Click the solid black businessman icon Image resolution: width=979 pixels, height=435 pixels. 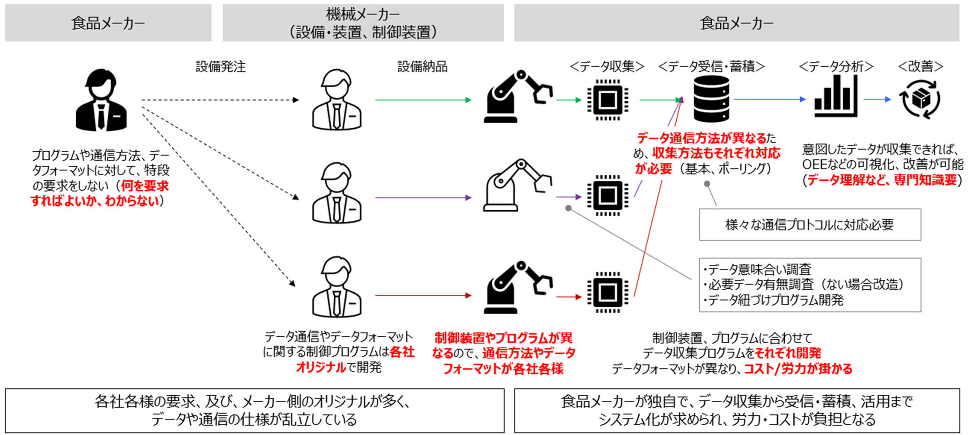pos(101,100)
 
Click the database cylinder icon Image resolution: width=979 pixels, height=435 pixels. pos(711,99)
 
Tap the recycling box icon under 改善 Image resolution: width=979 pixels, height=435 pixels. pos(920,99)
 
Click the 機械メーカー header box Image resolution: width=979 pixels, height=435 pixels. pos(363,23)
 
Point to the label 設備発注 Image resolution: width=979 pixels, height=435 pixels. pos(220,67)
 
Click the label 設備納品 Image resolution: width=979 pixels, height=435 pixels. pos(422,67)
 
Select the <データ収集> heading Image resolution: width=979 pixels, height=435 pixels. pos(607,67)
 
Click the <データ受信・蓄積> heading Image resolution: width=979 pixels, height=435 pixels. pos(711,67)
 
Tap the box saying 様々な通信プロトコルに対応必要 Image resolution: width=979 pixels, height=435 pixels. pos(810,225)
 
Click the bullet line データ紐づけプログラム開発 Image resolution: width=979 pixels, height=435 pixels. pos(774,300)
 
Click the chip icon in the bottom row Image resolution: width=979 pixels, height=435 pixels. pos(607,293)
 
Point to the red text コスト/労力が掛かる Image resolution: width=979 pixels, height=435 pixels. pos(798,369)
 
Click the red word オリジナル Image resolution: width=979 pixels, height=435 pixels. pos(321,368)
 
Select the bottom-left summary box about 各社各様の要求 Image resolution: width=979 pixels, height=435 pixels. pos(255,411)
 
